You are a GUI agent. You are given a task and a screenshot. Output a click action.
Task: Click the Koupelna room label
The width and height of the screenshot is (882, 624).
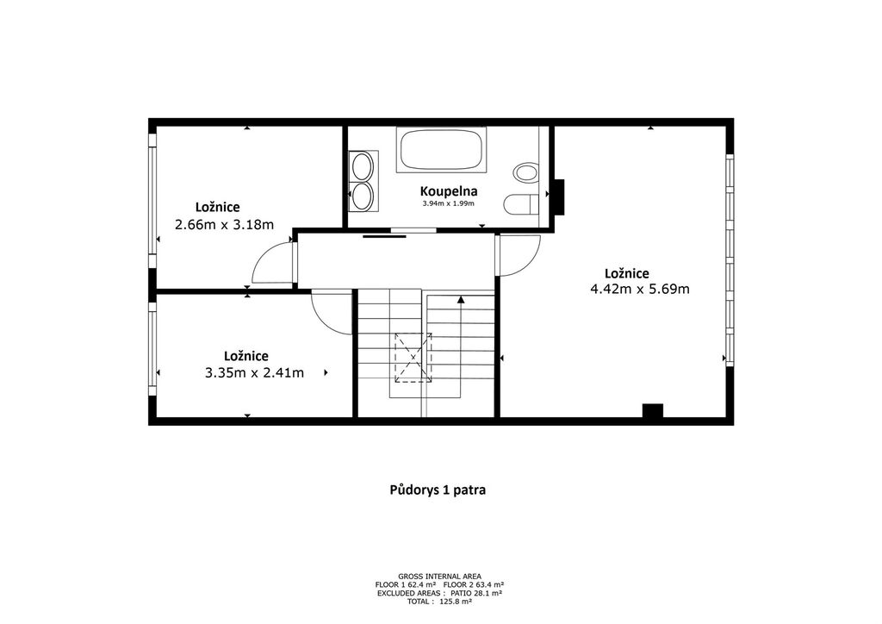coord(448,191)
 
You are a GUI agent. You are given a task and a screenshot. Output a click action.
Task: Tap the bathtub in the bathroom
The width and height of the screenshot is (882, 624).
coord(442,149)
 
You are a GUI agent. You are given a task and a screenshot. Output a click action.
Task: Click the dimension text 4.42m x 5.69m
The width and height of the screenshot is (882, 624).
coord(640,290)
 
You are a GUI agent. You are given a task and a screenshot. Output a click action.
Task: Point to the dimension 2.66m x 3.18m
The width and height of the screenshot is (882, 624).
coord(225,225)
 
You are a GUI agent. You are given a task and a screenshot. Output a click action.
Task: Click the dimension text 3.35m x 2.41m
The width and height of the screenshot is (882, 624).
coord(255,372)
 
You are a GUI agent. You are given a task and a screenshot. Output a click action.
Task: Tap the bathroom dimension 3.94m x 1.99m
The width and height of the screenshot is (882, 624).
coord(448,203)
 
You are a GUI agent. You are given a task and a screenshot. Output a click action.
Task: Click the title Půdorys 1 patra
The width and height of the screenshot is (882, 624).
coord(438,490)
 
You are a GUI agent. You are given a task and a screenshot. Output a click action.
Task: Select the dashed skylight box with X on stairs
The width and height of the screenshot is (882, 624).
coord(413,358)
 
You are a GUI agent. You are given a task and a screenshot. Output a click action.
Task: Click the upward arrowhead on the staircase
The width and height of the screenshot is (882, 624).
coord(461,300)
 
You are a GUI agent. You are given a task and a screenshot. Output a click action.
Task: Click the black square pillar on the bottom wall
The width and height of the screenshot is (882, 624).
coord(653,411)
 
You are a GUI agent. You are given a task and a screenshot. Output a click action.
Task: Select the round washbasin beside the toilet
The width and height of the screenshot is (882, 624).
coord(527,172)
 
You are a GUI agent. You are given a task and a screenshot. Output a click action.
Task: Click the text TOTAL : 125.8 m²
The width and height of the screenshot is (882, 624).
coord(439,602)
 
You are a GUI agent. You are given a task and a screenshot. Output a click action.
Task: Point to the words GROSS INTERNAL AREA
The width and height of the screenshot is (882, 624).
coord(439,577)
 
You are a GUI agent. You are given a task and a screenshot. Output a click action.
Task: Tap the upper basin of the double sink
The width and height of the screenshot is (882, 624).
coord(362,166)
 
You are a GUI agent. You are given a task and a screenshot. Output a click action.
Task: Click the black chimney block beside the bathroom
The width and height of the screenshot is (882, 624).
coord(557,197)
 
